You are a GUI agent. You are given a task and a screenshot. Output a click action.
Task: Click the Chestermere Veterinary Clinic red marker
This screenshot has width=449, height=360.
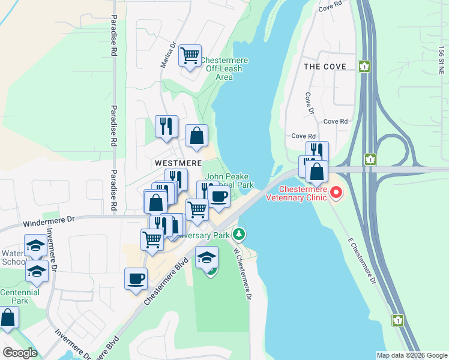(x=336, y=193)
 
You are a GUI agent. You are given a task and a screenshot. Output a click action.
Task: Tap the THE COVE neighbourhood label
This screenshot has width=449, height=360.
(x=325, y=67)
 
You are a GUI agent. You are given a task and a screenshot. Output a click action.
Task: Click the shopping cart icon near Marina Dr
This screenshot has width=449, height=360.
(x=190, y=56)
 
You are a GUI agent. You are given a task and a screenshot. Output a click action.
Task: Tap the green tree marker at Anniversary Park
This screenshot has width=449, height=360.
(x=240, y=233)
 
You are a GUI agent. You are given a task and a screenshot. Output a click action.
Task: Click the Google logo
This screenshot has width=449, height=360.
(x=20, y=352)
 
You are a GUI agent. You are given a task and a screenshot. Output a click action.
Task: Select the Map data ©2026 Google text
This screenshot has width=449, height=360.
(x=412, y=355)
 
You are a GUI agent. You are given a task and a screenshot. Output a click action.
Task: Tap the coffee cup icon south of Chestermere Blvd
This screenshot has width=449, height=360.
(x=136, y=279)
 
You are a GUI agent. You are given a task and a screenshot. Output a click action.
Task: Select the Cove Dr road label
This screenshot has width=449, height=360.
(x=310, y=103)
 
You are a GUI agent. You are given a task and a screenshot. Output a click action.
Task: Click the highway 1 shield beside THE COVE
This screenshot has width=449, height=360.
(x=364, y=66)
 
